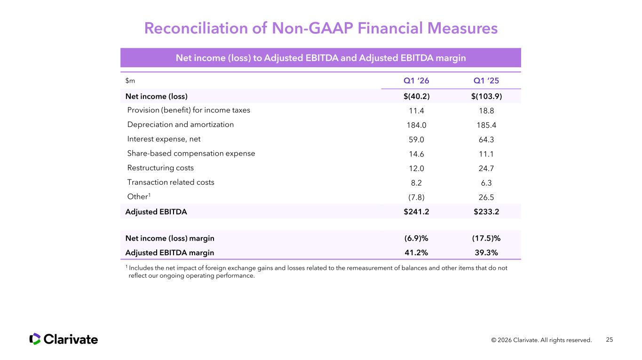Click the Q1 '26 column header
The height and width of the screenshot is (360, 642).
point(416,81)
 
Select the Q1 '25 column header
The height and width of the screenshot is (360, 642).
point(486,81)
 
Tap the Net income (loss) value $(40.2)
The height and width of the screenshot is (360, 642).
point(416,96)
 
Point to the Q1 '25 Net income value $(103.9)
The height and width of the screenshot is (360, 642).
point(486,96)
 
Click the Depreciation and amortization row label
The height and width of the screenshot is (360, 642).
point(180,125)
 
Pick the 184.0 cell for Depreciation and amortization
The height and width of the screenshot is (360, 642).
point(416,125)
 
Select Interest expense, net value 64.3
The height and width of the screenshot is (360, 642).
point(486,140)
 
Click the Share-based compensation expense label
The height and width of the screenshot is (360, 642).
point(191,153)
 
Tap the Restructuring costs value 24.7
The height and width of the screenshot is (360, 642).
point(486,168)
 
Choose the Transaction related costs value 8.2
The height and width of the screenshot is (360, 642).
point(416,183)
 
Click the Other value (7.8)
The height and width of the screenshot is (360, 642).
point(416,197)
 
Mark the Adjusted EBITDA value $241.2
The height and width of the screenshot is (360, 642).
point(416,211)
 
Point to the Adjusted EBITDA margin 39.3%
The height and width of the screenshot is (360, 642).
point(486,252)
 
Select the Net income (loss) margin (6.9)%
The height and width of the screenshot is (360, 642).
point(416,238)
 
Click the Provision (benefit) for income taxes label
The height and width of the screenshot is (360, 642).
point(189,110)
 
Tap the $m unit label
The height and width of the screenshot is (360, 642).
point(130,81)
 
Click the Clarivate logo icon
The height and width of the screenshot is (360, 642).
point(35,339)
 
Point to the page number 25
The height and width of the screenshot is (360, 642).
point(610,339)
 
